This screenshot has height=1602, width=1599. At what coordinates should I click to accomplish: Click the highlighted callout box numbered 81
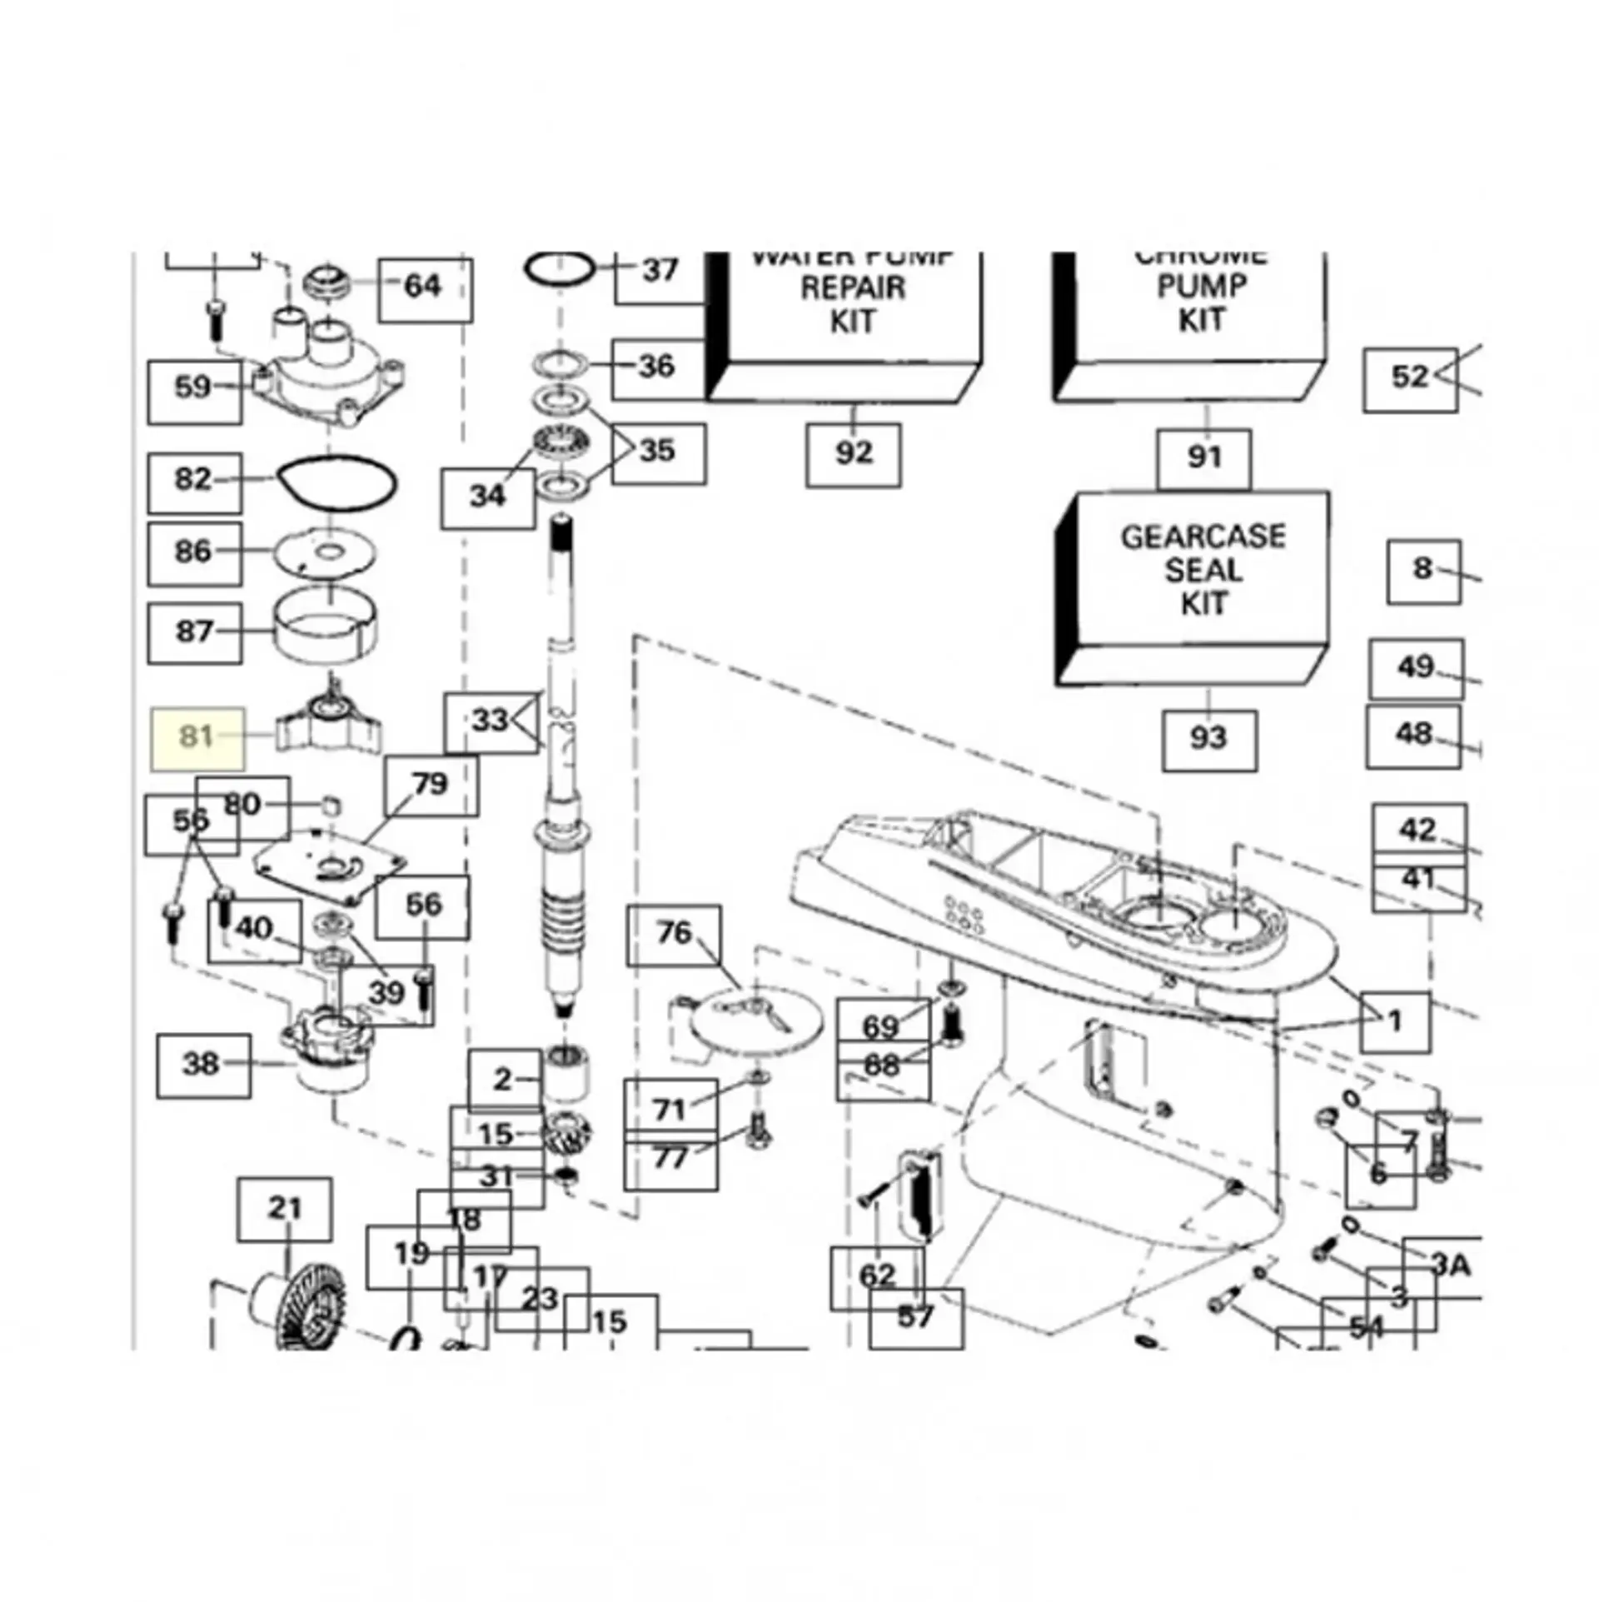point(197,738)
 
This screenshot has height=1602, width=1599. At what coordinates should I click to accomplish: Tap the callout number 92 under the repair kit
point(853,455)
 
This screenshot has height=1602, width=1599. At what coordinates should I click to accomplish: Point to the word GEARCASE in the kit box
point(1203,537)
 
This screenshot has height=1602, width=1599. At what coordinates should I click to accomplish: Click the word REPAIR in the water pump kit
point(853,288)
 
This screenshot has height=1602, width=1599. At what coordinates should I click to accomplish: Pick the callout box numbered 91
point(1203,459)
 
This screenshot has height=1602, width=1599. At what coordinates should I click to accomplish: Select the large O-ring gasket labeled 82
point(337,483)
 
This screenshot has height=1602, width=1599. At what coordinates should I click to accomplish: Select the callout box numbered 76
point(674,935)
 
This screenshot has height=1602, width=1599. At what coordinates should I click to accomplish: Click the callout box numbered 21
point(285,1209)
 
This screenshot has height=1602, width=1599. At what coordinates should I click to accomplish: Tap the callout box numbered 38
point(203,1066)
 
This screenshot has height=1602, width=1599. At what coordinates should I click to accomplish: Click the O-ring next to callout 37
point(560,270)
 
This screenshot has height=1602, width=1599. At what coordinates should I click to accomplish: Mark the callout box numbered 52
point(1410,379)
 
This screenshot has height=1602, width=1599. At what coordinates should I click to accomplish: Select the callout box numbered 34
point(487,498)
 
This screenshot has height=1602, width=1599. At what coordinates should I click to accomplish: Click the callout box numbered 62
point(877,1277)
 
